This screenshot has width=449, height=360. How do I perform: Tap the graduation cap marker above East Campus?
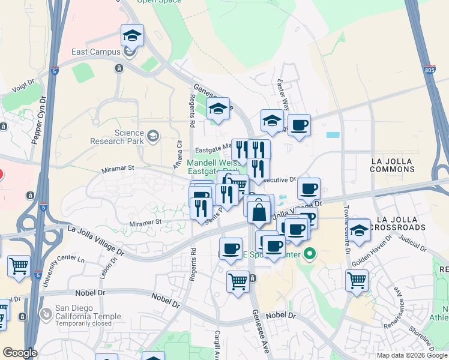coord(132,37)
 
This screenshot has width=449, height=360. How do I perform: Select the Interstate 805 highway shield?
coord(429,70)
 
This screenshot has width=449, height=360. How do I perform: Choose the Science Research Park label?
coord(117,137)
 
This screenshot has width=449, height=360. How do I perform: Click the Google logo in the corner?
coord(20,353)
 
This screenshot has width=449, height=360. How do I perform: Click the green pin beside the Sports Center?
coord(309,253)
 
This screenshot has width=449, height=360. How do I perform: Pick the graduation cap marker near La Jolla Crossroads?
coord(360,230)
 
